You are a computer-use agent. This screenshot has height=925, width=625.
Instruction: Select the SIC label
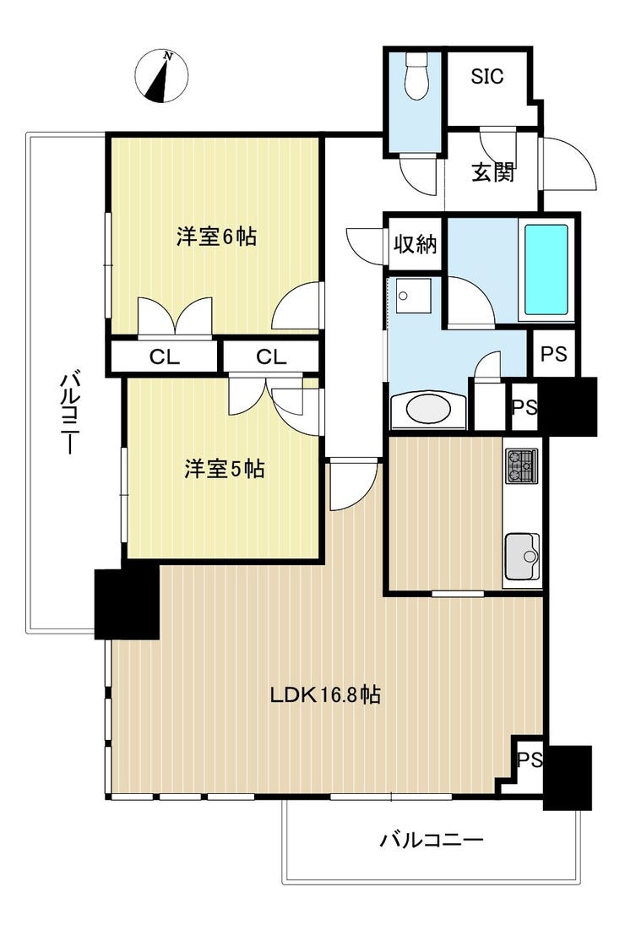[487, 76]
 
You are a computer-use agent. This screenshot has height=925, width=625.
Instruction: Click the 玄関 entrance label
[493, 171]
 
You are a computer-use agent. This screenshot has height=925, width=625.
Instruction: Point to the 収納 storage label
[416, 243]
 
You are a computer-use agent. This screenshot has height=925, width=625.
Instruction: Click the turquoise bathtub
[546, 269]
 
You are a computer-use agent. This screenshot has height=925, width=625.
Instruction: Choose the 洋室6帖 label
[216, 237]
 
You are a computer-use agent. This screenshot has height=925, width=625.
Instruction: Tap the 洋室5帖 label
[224, 469]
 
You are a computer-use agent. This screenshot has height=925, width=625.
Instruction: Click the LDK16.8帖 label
[325, 694]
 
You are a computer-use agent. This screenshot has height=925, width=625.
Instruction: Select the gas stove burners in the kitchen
[522, 466]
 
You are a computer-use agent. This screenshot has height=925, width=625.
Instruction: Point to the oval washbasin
[429, 411]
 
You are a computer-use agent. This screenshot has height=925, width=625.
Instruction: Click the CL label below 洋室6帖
[165, 356]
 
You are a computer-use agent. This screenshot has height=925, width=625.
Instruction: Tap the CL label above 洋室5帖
[271, 356]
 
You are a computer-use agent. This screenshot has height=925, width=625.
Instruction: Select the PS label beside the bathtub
[554, 354]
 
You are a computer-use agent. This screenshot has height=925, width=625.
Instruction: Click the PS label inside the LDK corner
[530, 759]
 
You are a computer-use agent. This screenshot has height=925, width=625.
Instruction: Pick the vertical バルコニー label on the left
[69, 411]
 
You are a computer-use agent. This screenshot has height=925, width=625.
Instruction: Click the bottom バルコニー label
[432, 839]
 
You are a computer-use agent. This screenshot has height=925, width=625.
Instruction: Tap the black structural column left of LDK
[127, 603]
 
